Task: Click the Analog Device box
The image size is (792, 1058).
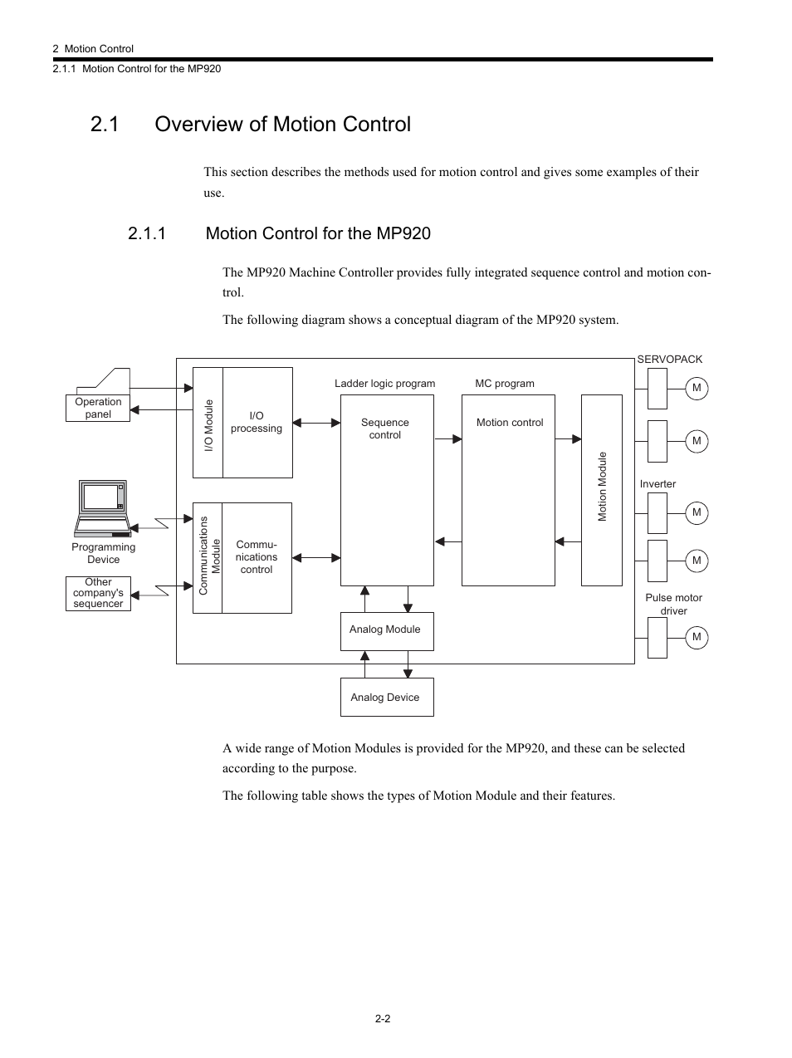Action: (386, 698)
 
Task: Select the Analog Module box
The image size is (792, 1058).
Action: (386, 631)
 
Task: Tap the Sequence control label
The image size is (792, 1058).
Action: (385, 429)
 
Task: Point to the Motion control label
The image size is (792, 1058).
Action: (510, 423)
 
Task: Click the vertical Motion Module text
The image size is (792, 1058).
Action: (603, 487)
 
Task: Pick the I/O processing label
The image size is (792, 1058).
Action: (257, 422)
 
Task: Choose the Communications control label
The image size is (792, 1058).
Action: (257, 557)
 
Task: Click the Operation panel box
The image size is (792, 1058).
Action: (98, 409)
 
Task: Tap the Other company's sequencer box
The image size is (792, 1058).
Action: (98, 594)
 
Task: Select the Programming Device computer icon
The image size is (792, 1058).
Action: (102, 506)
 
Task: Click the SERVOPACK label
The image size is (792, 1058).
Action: (669, 360)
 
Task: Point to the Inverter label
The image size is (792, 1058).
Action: (658, 484)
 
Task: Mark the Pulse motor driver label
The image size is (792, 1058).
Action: (673, 604)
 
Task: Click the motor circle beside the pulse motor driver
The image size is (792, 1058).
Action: (697, 637)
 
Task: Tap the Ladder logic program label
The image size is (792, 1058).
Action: (384, 384)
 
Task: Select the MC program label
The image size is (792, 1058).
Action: (504, 384)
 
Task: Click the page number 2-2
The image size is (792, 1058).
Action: (383, 1018)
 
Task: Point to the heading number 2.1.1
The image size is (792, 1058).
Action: (147, 233)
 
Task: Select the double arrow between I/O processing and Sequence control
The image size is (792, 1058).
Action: (316, 423)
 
